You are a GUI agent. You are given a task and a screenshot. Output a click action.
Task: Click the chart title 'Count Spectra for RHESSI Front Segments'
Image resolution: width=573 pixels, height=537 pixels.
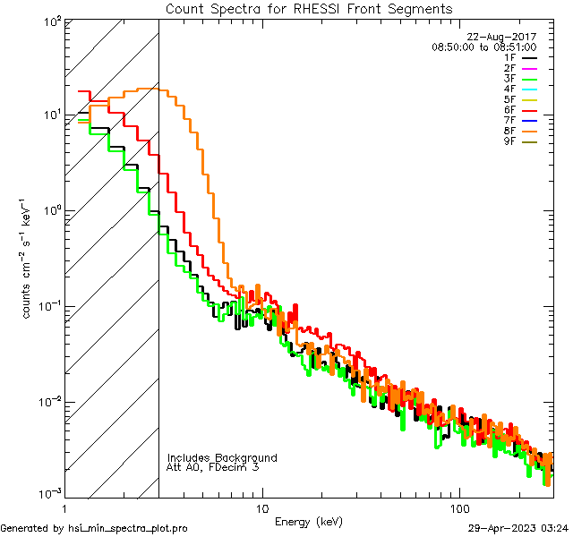(x=309, y=9)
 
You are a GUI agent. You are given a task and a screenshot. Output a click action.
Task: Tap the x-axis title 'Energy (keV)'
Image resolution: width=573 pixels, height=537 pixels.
(x=309, y=522)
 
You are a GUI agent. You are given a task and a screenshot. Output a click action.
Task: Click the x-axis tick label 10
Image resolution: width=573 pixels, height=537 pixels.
(x=261, y=507)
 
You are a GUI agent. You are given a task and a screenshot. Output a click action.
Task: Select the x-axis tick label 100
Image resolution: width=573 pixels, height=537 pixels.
(x=458, y=507)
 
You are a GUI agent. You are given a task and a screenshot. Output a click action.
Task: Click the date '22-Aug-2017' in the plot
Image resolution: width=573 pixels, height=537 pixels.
(x=509, y=37)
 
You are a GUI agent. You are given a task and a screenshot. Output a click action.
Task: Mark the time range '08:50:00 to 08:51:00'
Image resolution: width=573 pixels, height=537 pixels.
(x=484, y=47)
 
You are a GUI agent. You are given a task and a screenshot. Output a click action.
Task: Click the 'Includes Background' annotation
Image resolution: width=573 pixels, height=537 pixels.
(x=222, y=457)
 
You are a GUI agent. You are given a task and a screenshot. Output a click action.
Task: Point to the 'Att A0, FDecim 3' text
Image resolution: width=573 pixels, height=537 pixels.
(x=213, y=467)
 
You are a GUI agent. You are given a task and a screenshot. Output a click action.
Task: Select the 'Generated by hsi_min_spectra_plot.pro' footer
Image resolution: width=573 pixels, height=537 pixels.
(x=94, y=528)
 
